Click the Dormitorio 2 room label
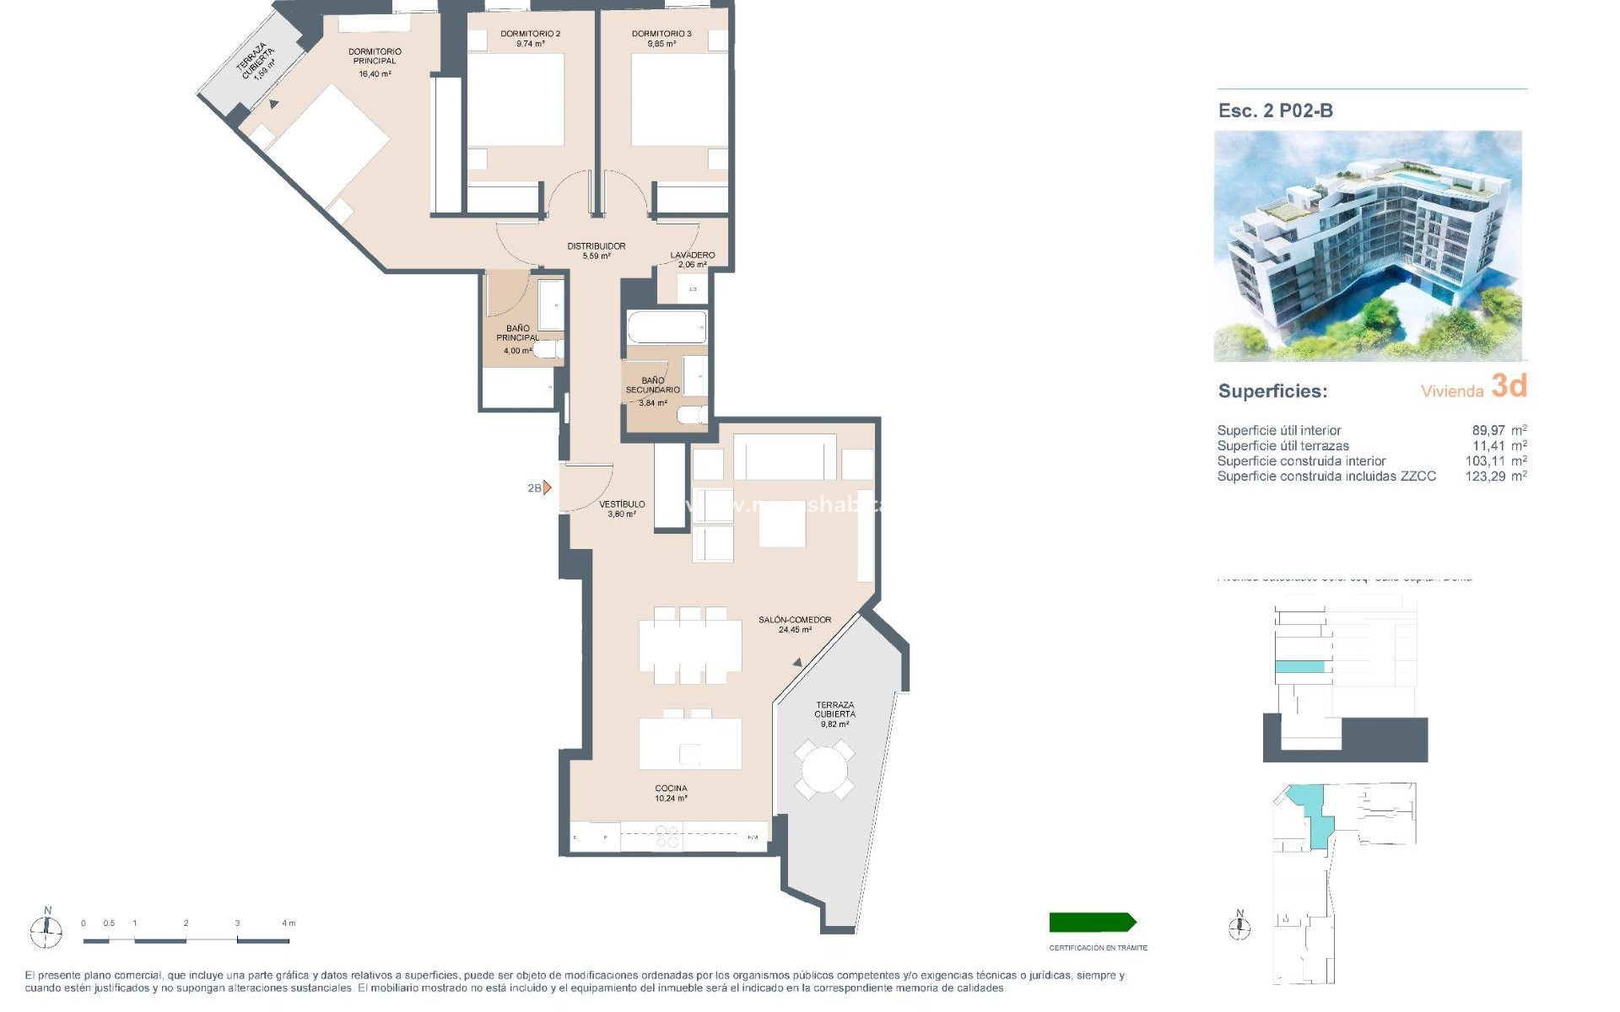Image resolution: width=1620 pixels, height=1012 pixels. (530, 38)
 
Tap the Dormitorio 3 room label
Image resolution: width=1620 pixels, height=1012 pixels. (661, 38)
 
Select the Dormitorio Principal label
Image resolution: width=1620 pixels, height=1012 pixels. (375, 60)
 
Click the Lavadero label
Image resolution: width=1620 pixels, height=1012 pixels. (692, 259)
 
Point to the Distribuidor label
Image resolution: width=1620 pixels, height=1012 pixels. (596, 250)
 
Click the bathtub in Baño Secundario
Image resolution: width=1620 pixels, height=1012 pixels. (667, 327)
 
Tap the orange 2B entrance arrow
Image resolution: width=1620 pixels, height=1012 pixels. (547, 487)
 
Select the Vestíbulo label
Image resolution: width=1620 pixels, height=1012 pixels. (622, 509)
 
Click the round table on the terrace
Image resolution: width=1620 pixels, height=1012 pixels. (824, 769)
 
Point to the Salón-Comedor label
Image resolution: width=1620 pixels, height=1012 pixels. (794, 624)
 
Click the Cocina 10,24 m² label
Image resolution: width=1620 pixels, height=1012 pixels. (671, 793)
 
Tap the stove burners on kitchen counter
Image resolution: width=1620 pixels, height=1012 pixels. (667, 837)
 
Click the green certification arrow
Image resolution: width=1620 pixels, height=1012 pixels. (1092, 922)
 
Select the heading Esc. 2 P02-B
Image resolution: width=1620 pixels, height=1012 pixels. (1275, 110)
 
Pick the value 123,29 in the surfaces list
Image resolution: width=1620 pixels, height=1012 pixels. (1485, 476)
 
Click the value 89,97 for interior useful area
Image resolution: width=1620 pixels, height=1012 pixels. (1488, 430)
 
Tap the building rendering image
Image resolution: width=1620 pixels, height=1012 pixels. (1368, 245)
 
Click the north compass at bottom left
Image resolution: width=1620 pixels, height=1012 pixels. (46, 930)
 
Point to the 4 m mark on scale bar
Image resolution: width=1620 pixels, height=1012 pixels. (288, 923)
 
